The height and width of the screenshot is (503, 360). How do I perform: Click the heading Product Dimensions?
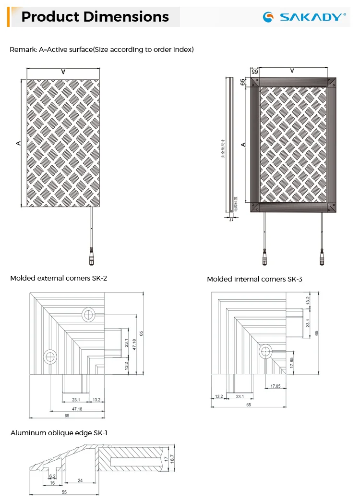95,17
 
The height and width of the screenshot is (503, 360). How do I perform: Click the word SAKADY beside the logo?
312,17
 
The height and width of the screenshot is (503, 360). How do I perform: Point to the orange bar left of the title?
8,17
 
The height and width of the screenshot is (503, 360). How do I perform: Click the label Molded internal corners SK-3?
254,279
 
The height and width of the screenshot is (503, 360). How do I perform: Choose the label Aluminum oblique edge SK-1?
59,433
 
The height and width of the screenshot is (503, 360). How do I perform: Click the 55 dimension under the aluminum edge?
64,492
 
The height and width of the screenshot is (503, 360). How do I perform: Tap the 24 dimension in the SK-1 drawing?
80,480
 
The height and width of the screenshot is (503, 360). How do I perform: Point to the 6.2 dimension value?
52,477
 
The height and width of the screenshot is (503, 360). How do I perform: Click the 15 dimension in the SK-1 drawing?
52,483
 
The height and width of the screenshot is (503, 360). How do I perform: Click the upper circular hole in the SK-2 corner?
88,314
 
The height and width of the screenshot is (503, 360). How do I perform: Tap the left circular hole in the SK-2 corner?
50,356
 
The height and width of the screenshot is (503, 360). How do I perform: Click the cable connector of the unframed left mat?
91,252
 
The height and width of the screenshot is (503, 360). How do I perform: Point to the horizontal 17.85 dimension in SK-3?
276,386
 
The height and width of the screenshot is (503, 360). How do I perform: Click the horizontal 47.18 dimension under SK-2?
77,409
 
